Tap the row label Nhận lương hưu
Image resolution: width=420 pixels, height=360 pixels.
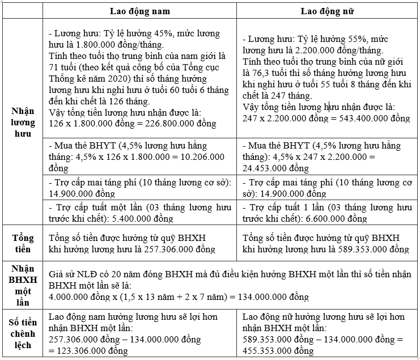23,121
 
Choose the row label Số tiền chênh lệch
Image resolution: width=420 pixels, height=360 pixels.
23,333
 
